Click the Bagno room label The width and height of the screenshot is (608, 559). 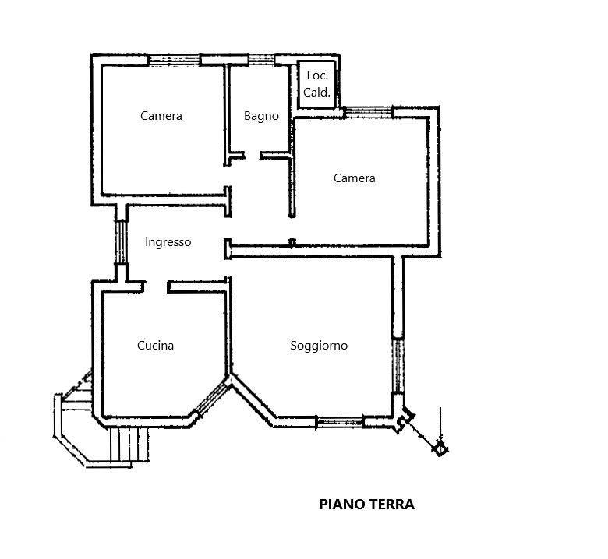261,116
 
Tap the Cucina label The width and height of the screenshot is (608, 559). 155,345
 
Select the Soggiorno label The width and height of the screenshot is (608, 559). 319,346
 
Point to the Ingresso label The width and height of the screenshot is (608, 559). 168,242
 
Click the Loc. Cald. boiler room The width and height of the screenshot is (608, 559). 316,84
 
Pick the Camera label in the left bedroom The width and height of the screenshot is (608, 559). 161,116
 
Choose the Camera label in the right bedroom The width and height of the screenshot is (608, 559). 355,178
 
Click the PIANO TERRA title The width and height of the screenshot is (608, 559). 367,505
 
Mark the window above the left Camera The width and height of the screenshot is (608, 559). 175,60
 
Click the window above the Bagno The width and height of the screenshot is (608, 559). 261,60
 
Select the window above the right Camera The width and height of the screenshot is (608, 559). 369,112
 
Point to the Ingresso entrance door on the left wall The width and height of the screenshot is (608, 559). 122,242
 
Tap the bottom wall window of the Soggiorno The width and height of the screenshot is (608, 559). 340,422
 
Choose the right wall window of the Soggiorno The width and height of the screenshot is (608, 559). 398,367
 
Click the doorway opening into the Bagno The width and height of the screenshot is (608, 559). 253,156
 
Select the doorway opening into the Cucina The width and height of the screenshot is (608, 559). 156,287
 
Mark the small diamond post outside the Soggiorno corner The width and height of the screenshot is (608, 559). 440,450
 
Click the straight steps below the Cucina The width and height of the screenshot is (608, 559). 129,445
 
